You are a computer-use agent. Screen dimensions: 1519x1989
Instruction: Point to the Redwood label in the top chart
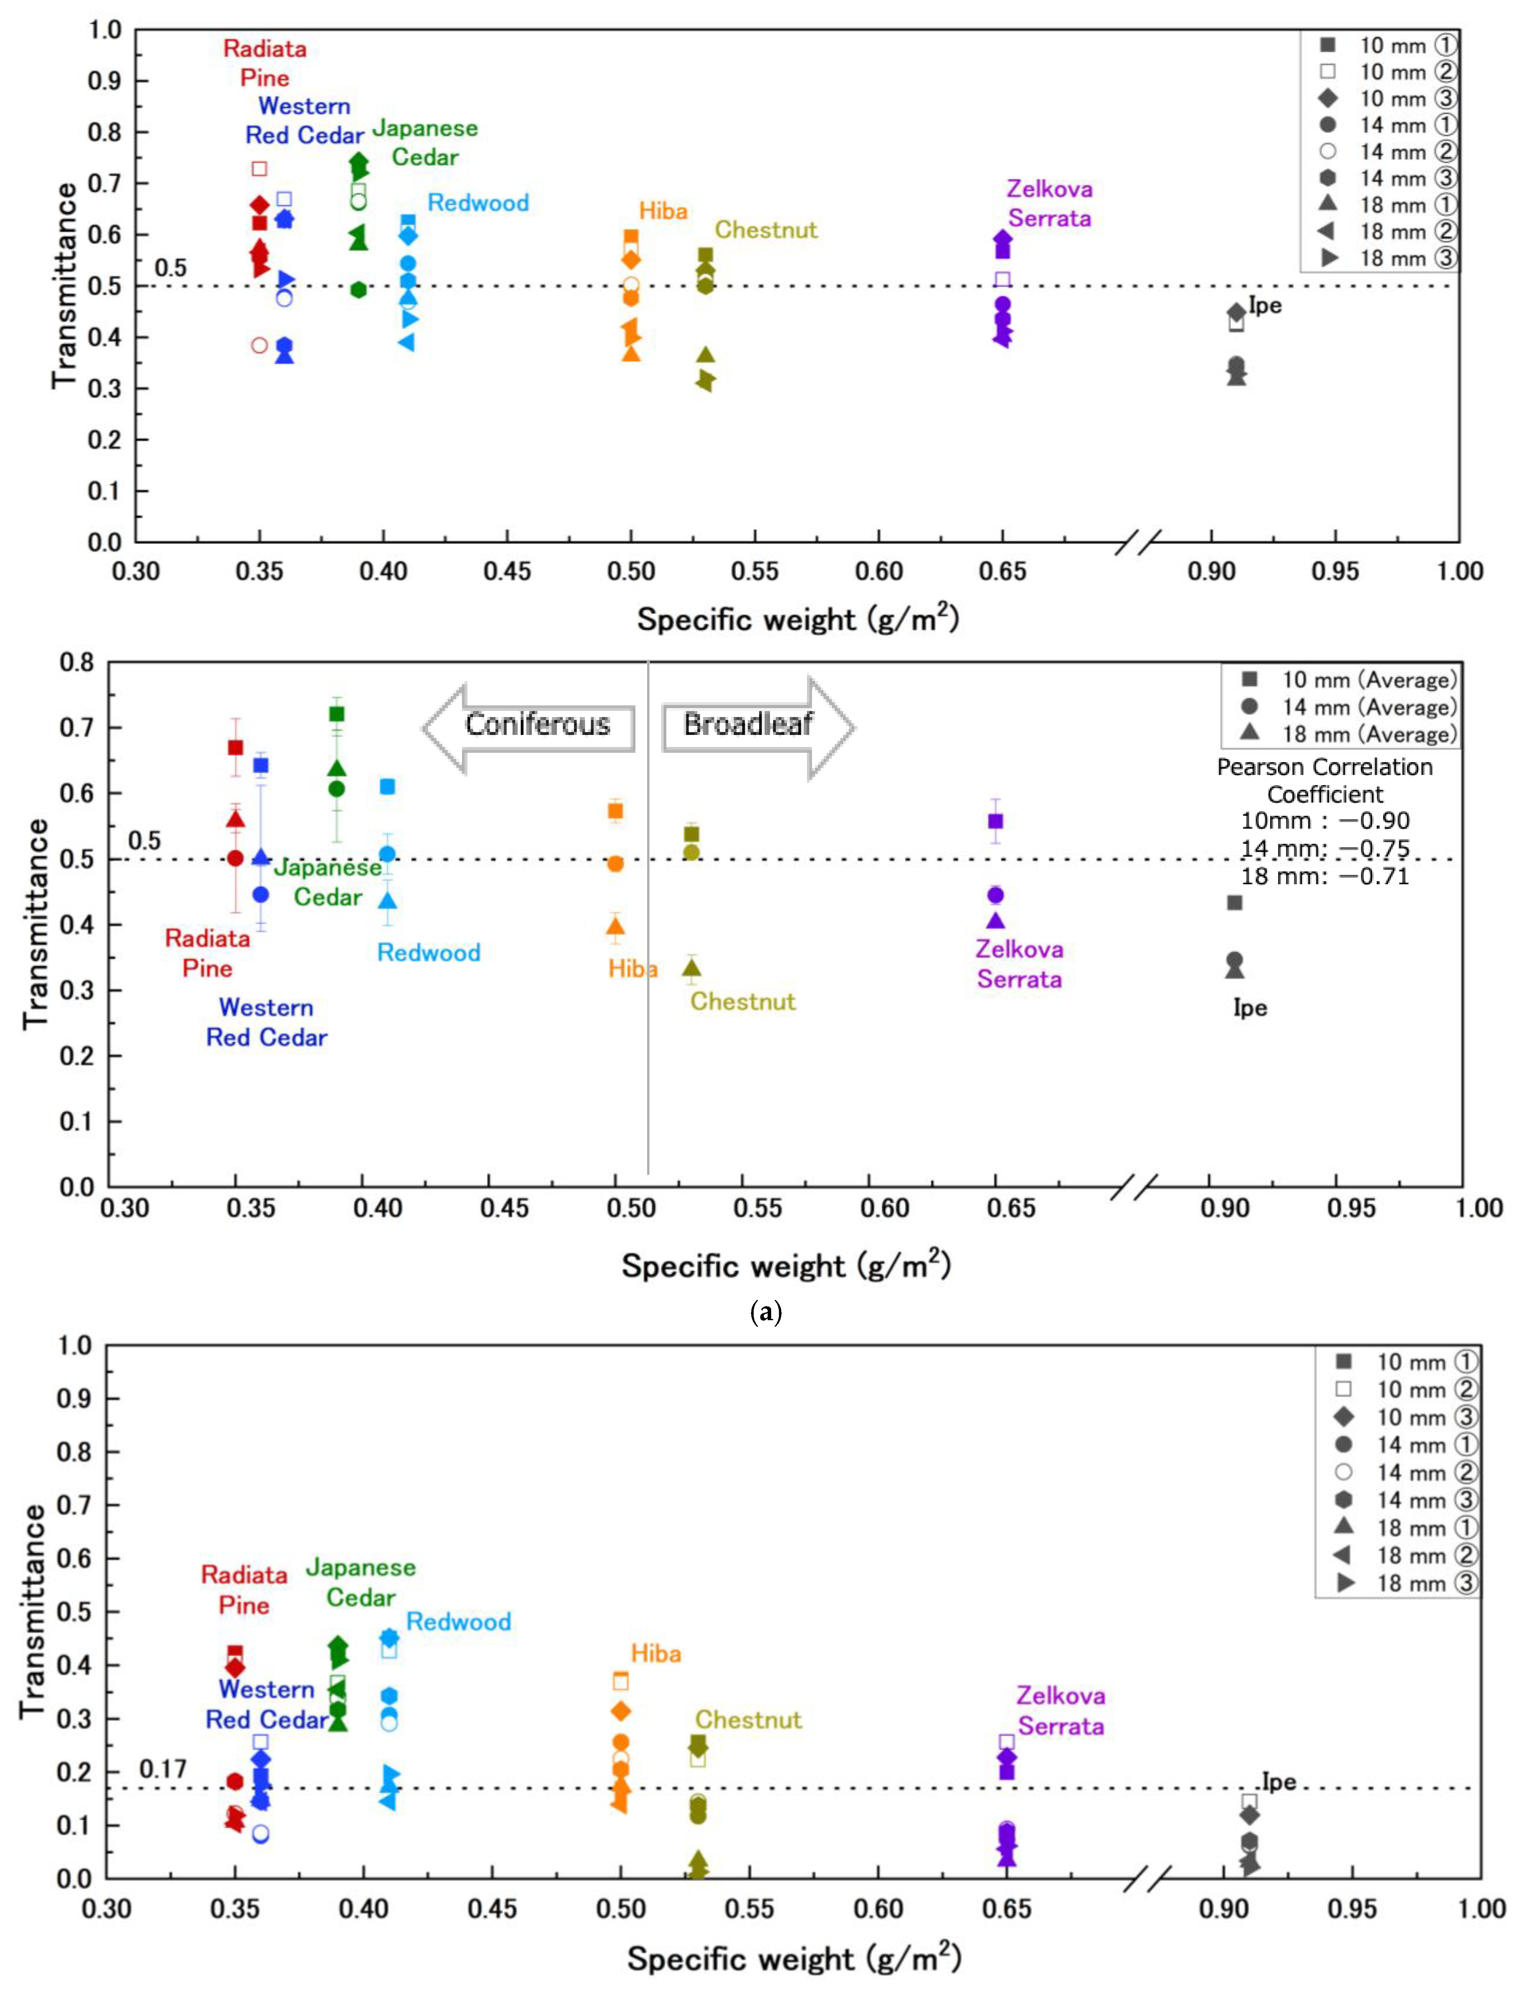478,203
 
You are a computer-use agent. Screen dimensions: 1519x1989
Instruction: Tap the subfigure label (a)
766,1312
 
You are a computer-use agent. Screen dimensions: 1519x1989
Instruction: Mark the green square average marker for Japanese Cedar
337,713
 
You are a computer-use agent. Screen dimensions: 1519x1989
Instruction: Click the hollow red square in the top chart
259,168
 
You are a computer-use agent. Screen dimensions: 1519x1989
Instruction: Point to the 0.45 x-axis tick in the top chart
507,571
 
